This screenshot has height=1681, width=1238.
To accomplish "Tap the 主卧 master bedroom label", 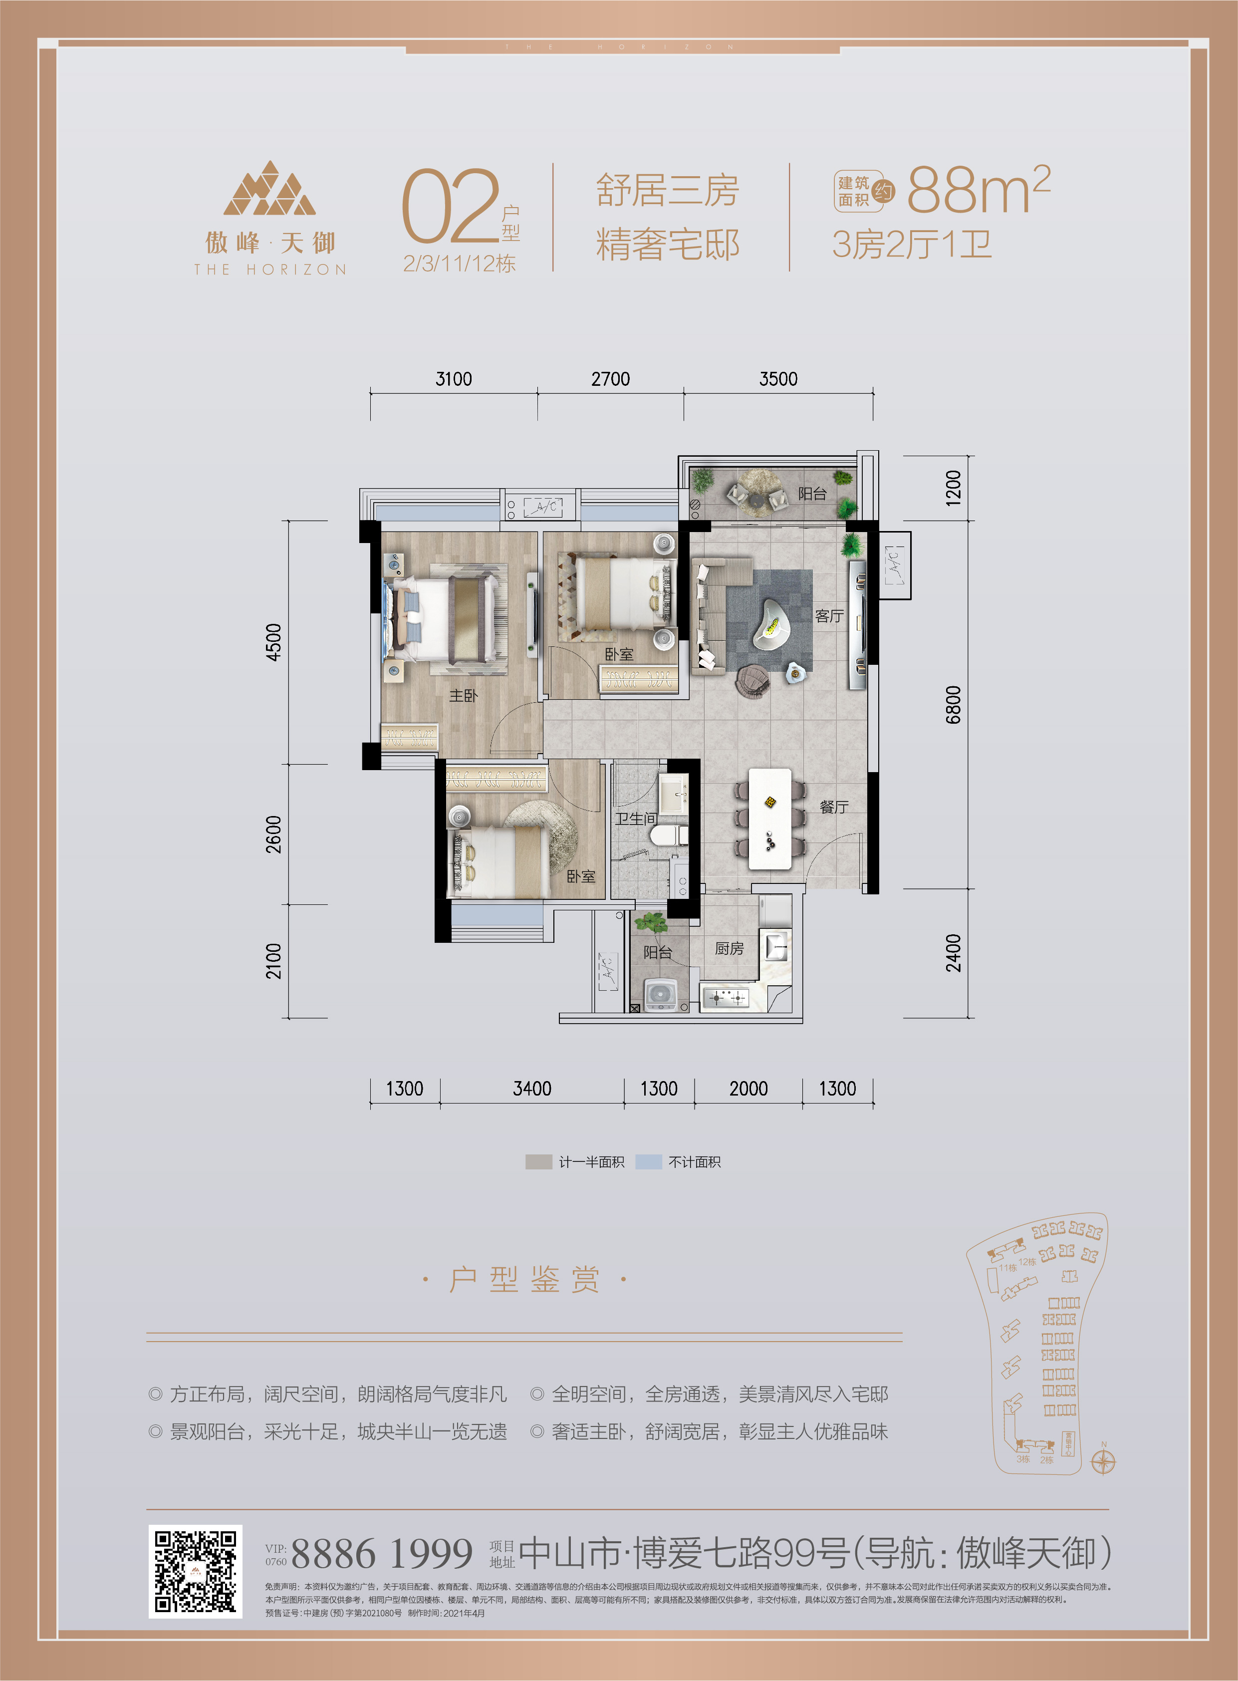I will pyautogui.click(x=463, y=695).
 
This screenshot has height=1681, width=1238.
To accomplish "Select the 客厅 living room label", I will pyautogui.click(x=829, y=616).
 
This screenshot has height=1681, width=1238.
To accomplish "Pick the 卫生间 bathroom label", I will pyautogui.click(x=636, y=819).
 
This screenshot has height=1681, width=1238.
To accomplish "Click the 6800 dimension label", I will pyautogui.click(x=953, y=704).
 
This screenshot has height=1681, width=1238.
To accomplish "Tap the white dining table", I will pyautogui.click(x=769, y=819).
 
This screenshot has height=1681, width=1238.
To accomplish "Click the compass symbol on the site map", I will pyautogui.click(x=1103, y=1461).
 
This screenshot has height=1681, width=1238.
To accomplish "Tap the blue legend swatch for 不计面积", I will pyautogui.click(x=648, y=1161).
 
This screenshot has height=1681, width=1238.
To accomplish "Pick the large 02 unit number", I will pyautogui.click(x=451, y=206).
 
